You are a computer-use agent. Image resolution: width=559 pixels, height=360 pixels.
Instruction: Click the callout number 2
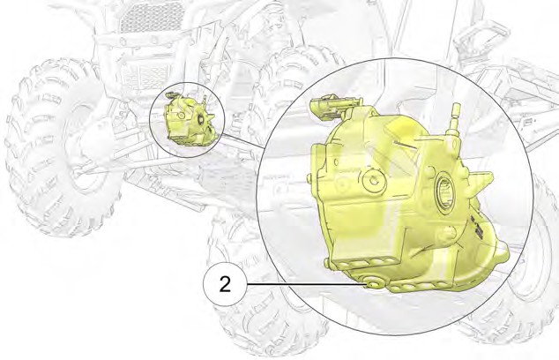[224, 285]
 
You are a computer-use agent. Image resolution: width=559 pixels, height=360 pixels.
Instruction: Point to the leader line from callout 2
[300, 285]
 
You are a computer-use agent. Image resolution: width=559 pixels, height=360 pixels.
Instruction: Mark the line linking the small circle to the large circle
[239, 142]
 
